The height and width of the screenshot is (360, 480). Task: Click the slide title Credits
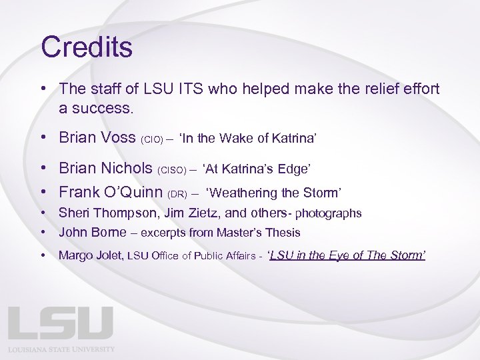pos(87,47)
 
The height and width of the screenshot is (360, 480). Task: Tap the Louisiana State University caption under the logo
pos(61,349)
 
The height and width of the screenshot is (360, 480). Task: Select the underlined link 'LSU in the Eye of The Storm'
pos(346,255)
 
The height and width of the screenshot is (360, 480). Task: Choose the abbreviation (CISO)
pos(171,170)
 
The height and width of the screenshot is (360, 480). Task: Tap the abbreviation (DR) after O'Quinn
pos(177,194)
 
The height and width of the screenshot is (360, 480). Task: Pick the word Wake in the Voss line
pos(238,139)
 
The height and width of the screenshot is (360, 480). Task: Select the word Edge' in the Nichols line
pos(295,169)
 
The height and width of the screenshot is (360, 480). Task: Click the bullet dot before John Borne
pos(43,233)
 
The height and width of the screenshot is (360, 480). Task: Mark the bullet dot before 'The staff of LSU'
pos(43,89)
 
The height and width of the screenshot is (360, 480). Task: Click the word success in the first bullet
pos(99,107)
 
